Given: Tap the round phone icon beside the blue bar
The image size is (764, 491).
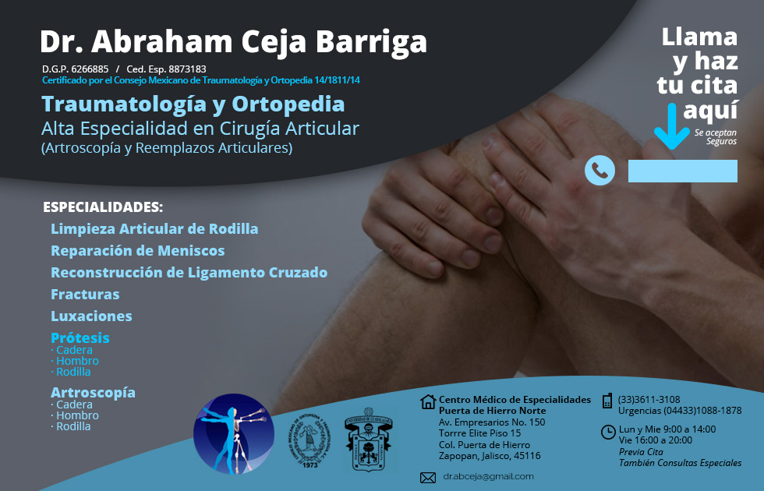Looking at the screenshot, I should pyautogui.click(x=600, y=171).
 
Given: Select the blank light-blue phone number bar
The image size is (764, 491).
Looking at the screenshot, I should pyautogui.click(x=682, y=171).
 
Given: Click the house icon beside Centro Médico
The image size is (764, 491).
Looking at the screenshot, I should pyautogui.click(x=427, y=402).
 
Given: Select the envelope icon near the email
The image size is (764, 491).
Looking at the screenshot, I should pyautogui.click(x=427, y=477).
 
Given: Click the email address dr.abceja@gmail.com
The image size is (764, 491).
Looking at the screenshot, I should pyautogui.click(x=488, y=476).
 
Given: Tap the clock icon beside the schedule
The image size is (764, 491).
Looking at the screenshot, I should pyautogui.click(x=608, y=432).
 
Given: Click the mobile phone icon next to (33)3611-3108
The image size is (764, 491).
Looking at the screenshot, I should pyautogui.click(x=607, y=401).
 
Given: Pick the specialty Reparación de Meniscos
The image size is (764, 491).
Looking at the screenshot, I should pyautogui.click(x=137, y=251).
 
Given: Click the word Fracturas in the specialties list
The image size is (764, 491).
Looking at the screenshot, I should pyautogui.click(x=85, y=295).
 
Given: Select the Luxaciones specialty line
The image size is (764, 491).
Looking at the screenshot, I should pyautogui.click(x=91, y=316).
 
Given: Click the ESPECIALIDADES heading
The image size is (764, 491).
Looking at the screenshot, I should pyautogui.click(x=103, y=208).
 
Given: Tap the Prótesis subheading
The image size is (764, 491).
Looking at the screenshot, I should pyautogui.click(x=80, y=338).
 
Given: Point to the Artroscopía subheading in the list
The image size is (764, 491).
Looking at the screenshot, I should pyautogui.click(x=93, y=393).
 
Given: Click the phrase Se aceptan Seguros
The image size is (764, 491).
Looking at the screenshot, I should pyautogui.click(x=715, y=137).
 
